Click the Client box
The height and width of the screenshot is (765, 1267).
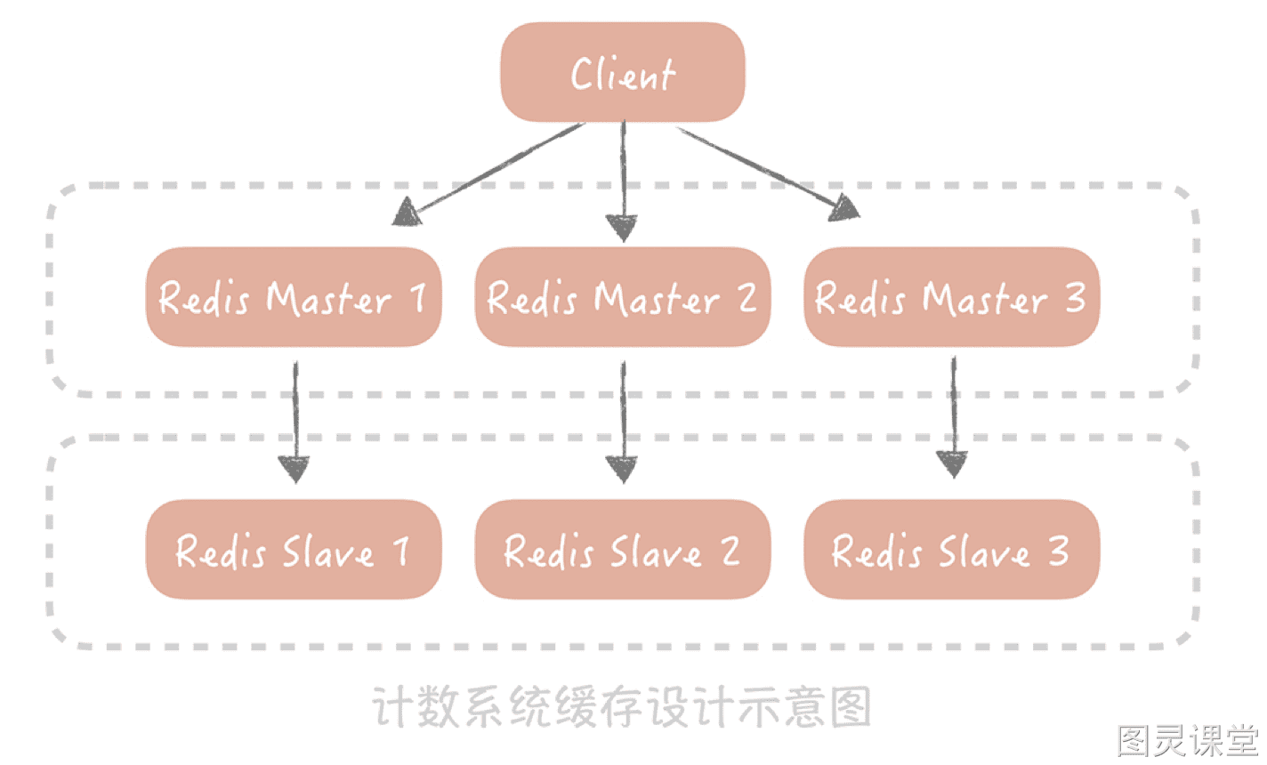[623, 72]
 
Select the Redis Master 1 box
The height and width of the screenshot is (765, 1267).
[294, 297]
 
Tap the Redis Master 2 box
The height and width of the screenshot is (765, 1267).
[623, 297]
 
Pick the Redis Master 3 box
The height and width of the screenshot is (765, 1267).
[952, 297]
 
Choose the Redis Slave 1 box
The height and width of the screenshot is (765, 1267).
[294, 549]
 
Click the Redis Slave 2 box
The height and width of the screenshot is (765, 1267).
[623, 549]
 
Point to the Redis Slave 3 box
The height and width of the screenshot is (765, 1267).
[952, 549]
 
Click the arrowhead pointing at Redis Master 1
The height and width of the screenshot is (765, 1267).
[406, 213]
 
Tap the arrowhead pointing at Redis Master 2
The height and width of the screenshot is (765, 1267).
[622, 228]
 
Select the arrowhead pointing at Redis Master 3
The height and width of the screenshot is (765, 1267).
[843, 207]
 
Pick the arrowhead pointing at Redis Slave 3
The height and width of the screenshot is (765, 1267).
[953, 464]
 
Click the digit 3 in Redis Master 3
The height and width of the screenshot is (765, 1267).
[1075, 297]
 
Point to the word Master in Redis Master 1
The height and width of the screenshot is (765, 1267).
[329, 298]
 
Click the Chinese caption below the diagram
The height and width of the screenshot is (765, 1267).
[622, 707]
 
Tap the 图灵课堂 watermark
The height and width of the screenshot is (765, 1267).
[1188, 740]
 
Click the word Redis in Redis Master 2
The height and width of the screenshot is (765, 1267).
[532, 298]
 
